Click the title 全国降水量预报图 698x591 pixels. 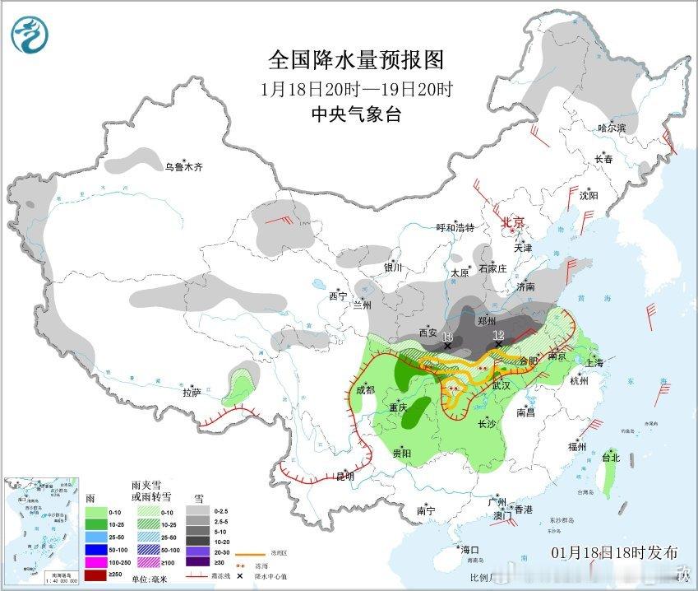(x=356, y=59)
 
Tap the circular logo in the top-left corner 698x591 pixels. (x=29, y=34)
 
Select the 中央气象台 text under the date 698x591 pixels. (x=356, y=115)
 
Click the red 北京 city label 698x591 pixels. (x=513, y=222)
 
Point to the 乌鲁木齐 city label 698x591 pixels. (x=183, y=167)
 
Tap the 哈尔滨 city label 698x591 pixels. (x=612, y=128)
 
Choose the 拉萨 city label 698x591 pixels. (x=192, y=393)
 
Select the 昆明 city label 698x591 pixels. (x=345, y=477)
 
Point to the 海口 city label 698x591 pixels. (x=469, y=550)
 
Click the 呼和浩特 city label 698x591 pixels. (x=455, y=228)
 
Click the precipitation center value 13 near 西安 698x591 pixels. (x=447, y=337)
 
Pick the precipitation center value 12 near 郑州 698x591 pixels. (x=497, y=335)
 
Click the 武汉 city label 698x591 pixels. (x=502, y=385)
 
